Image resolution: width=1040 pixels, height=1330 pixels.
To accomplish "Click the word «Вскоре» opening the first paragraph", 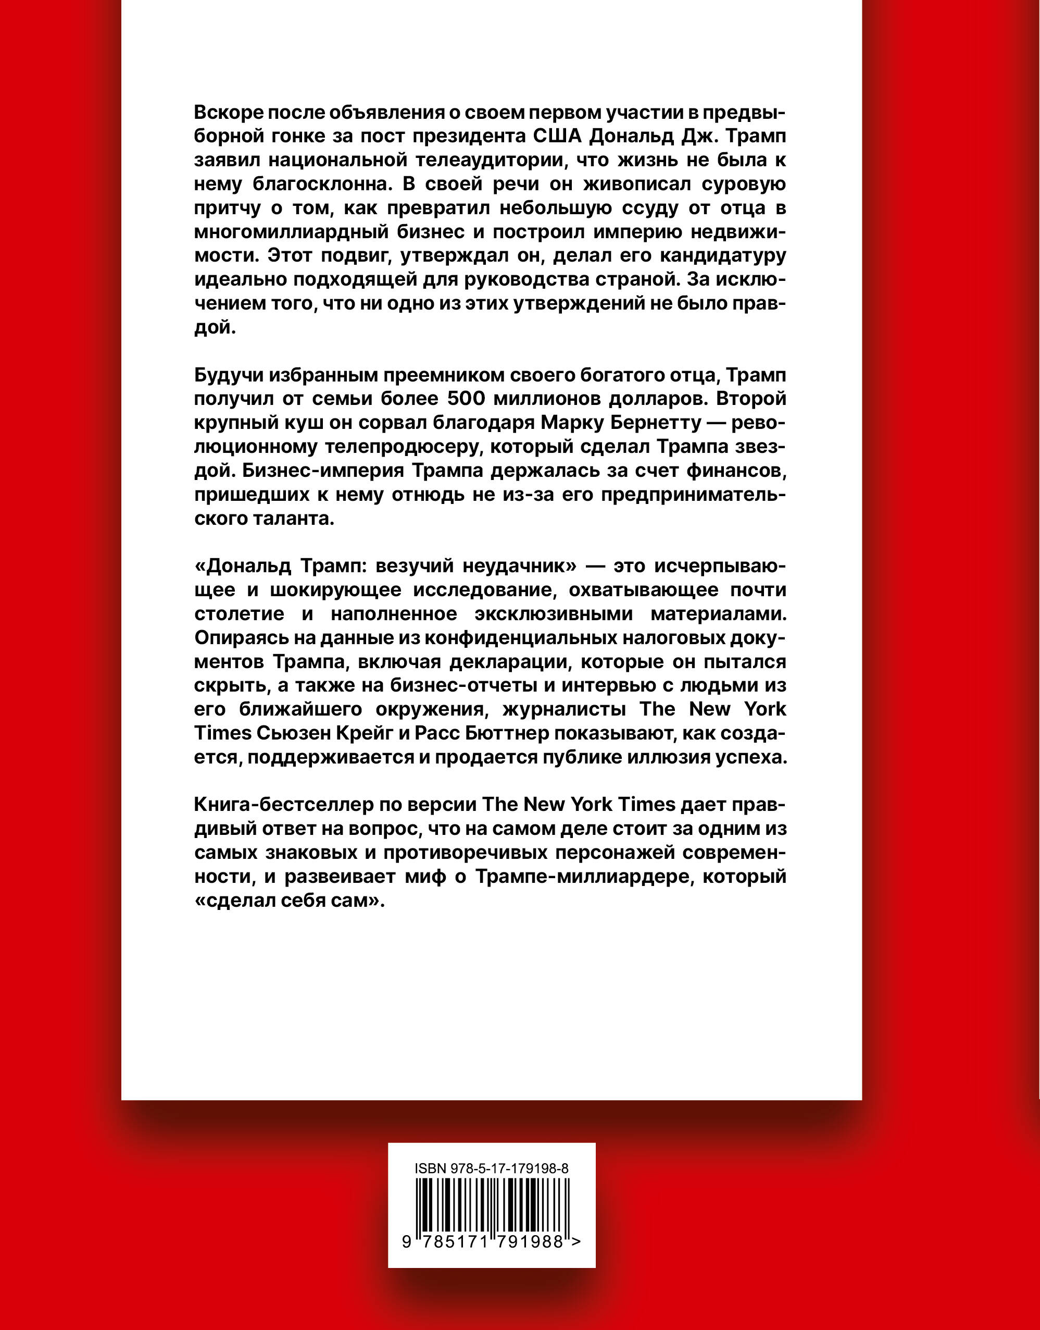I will point(226,113).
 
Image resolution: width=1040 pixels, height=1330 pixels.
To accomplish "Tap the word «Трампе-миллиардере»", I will point(587,877).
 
